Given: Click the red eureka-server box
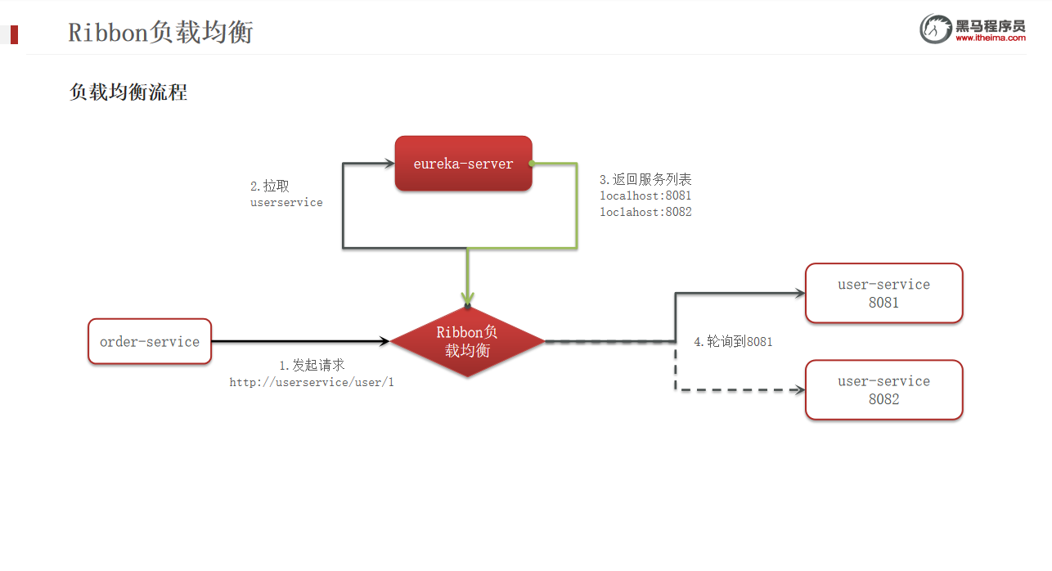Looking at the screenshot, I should tap(463, 164).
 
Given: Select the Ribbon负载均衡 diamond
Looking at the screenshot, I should tap(467, 341).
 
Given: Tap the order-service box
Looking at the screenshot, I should tap(150, 341).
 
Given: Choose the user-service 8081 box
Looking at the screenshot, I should tap(883, 293).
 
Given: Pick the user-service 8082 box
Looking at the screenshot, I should tap(883, 389).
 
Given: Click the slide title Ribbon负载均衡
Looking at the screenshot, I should tap(160, 33).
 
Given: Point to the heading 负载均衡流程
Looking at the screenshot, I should tap(128, 92).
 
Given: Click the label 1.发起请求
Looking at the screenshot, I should tap(312, 366).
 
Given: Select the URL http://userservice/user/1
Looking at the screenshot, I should tap(312, 382).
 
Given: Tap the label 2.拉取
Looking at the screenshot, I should tap(270, 187).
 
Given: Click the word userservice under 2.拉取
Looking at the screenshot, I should tap(286, 202).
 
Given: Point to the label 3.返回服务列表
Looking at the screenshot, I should tap(645, 180).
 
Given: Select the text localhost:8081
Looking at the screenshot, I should tap(645, 196).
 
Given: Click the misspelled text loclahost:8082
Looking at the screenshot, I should tap(645, 212).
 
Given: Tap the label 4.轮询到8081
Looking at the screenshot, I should tap(733, 342).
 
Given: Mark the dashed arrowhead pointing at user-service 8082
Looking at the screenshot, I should tap(799, 390).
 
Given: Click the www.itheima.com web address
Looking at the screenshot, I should tap(990, 38).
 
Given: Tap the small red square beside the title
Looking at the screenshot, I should tap(14, 34).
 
